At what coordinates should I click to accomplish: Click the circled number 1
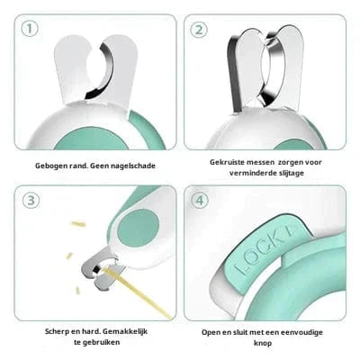(30, 29)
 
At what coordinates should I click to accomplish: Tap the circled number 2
(199, 30)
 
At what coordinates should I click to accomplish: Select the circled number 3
(31, 201)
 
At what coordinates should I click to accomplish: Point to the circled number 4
(200, 201)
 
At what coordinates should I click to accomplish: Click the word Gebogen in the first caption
(48, 166)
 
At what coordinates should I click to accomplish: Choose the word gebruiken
(101, 342)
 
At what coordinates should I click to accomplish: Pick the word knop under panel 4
(263, 343)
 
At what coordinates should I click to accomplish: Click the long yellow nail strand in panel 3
(137, 292)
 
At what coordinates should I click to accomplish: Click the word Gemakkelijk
(125, 332)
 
